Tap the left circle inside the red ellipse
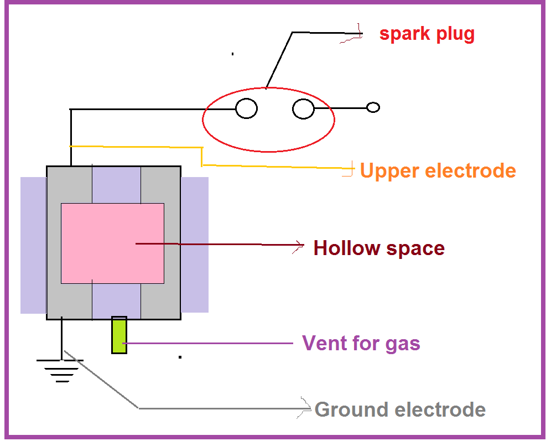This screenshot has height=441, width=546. click(246, 108)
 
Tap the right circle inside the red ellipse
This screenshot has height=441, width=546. click(303, 108)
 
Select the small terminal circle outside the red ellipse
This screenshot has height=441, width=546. click(373, 107)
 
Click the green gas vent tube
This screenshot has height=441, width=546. click(119, 335)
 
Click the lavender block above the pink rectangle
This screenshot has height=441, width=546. click(116, 184)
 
